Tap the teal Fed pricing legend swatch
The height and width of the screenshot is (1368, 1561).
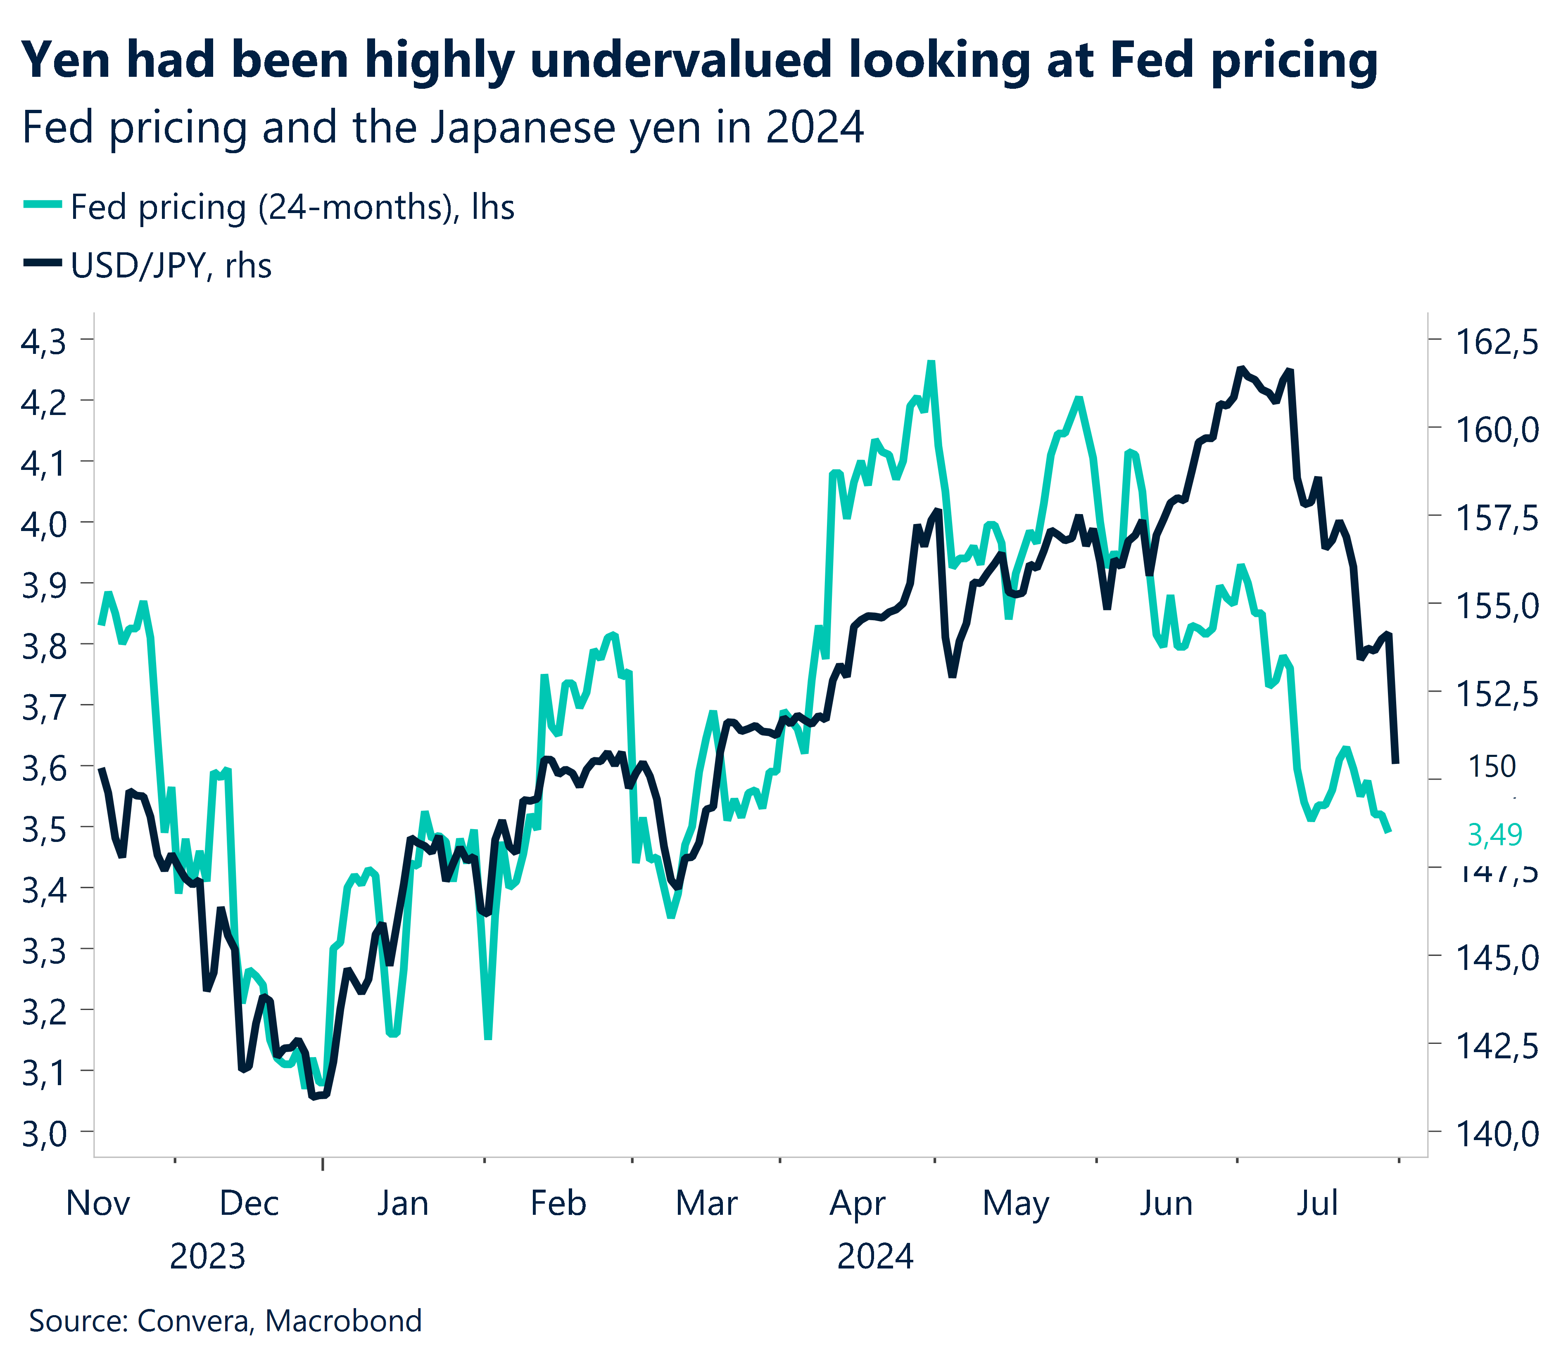[43, 204]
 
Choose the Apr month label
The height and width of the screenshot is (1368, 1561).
[857, 1204]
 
